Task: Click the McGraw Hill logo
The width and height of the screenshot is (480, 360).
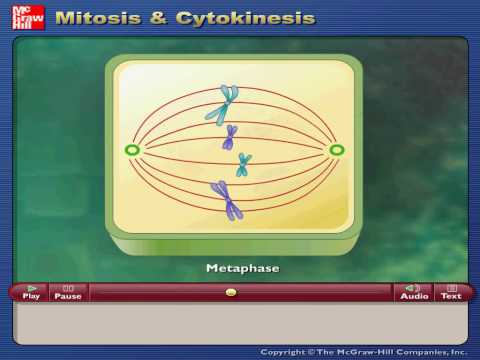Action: coord(28,17)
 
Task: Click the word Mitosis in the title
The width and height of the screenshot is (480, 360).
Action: coord(98,18)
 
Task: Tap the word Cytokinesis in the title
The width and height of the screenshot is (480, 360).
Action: coord(246,19)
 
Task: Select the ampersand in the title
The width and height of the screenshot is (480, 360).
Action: coord(158,18)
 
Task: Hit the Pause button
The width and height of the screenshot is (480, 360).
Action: coord(68,292)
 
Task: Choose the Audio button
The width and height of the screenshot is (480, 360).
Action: coord(414,292)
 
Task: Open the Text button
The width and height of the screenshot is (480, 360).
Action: coord(451,292)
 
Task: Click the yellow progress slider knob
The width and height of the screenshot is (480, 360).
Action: coord(231,292)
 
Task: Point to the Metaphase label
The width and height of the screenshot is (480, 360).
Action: coord(243,268)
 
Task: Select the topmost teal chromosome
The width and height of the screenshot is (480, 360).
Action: coord(222,105)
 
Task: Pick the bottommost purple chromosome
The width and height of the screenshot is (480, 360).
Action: coord(227,200)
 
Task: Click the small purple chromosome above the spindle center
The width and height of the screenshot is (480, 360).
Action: coord(230,137)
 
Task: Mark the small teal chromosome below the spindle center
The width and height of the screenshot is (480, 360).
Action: coord(244,165)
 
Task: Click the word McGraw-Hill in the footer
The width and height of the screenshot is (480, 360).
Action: coord(366,352)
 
